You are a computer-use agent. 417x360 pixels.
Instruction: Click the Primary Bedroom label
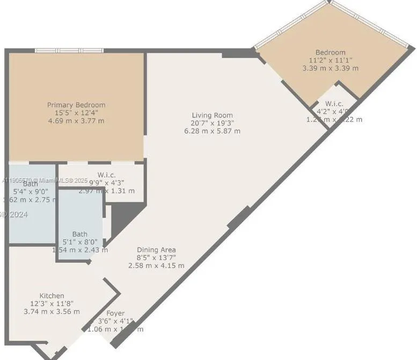click(x=76, y=105)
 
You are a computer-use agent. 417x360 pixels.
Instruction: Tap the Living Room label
click(x=213, y=115)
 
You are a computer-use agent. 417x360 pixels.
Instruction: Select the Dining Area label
click(x=156, y=250)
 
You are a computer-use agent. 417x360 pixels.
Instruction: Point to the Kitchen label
click(x=52, y=296)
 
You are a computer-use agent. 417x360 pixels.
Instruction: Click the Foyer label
click(x=115, y=313)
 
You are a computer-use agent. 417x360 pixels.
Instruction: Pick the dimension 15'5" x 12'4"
click(x=76, y=113)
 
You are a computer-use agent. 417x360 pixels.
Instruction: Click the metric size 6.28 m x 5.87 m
click(x=213, y=131)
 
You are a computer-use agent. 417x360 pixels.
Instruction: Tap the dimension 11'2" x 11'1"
click(x=331, y=61)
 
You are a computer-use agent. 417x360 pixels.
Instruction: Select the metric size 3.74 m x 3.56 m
click(x=52, y=311)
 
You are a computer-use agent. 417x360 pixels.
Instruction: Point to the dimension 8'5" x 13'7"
click(x=156, y=258)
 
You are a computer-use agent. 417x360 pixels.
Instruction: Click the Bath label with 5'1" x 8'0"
click(x=80, y=234)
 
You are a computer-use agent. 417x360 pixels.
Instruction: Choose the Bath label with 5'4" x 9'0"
click(x=31, y=184)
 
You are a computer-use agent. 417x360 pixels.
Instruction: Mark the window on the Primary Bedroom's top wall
click(x=69, y=51)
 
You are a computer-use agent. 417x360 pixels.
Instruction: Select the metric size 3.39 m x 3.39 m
click(x=331, y=68)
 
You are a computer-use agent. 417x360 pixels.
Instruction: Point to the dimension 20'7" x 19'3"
click(x=213, y=123)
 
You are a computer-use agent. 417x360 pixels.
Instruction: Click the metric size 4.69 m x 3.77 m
click(x=76, y=121)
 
